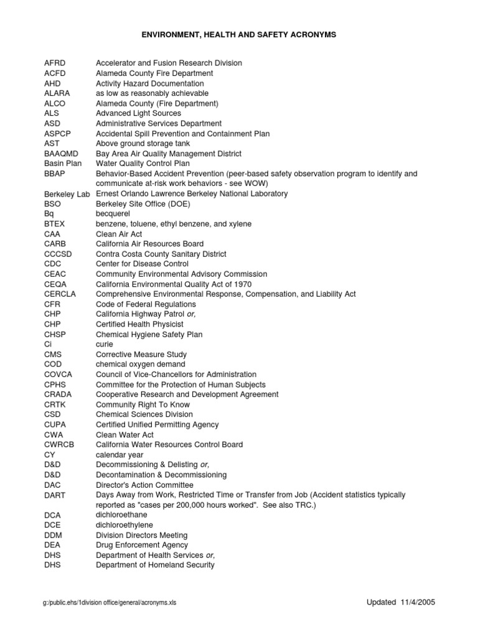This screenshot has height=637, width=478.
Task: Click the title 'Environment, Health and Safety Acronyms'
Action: (238, 35)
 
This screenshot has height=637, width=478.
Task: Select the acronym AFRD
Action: (55, 63)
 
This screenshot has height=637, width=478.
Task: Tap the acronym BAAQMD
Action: (60, 154)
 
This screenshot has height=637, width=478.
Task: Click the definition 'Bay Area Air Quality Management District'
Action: (168, 154)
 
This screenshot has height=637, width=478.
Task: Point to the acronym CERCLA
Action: (60, 294)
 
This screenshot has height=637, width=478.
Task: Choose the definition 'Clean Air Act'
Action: (119, 234)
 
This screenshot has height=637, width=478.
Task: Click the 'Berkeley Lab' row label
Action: (67, 194)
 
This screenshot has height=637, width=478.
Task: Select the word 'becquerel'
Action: (113, 214)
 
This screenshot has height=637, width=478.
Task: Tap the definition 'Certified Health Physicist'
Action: (139, 324)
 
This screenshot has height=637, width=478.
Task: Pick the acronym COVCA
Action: (58, 374)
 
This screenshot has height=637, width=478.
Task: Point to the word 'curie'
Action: (104, 344)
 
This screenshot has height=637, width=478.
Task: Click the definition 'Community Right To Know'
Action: (143, 404)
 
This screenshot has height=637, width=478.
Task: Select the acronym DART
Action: (55, 495)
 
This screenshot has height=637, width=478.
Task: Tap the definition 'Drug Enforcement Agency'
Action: (141, 545)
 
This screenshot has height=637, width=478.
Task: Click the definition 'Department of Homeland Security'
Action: (155, 565)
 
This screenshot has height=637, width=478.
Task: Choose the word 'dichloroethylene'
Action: (124, 525)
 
